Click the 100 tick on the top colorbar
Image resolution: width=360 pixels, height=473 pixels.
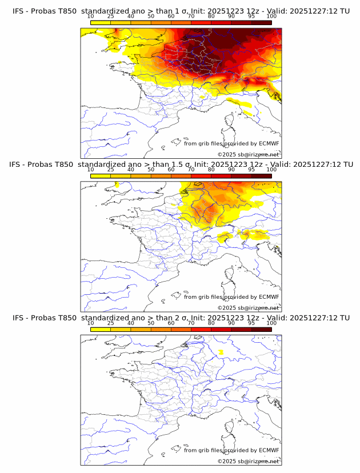pyautogui.click(x=271, y=17)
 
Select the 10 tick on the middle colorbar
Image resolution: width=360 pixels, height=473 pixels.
pyautogui.click(x=91, y=170)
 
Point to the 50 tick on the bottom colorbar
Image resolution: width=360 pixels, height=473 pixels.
pyautogui.click(x=151, y=323)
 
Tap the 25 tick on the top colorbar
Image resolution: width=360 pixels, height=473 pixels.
pyautogui.click(x=111, y=17)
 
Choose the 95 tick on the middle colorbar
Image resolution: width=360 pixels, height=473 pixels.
pyautogui.click(x=251, y=170)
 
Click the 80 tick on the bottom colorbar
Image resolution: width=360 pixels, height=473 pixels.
pyautogui.click(x=211, y=323)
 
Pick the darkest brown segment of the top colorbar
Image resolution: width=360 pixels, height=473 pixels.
pyautogui.click(x=261, y=22)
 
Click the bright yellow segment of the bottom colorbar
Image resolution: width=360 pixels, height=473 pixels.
pyautogui.click(x=101, y=329)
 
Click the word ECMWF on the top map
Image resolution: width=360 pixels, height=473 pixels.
pyautogui.click(x=269, y=143)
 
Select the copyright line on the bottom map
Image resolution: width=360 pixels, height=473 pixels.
pyautogui.click(x=248, y=461)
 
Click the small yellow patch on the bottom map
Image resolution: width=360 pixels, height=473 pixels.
pyautogui.click(x=221, y=352)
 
